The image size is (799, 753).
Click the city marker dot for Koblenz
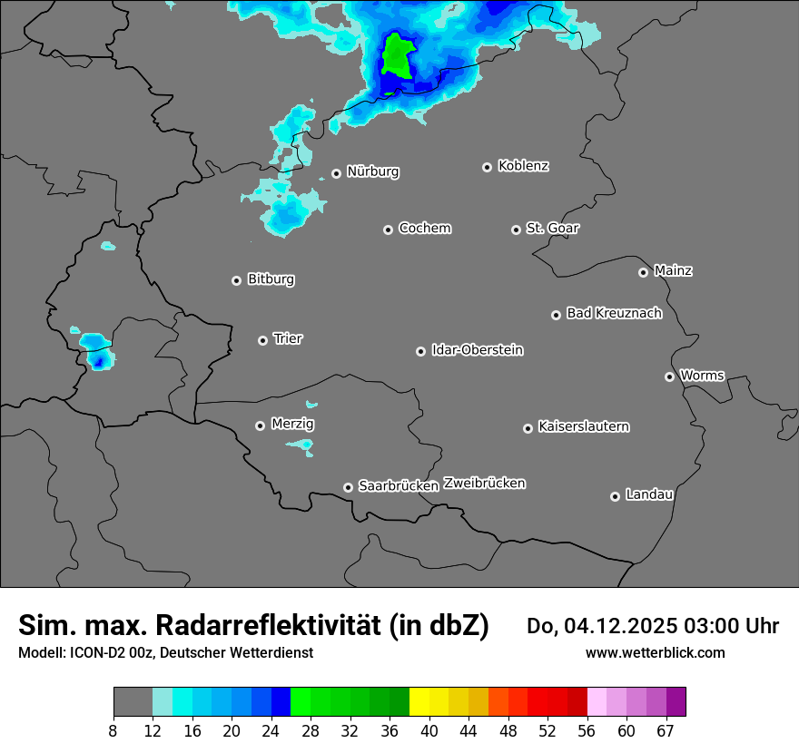tap(487, 167)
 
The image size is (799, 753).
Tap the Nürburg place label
tap(372, 171)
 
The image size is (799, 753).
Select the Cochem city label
tap(424, 228)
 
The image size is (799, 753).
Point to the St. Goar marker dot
tap(516, 230)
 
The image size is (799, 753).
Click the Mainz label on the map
tap(673, 270)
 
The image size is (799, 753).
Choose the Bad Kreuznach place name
tap(614, 313)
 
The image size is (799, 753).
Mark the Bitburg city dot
tap(236, 280)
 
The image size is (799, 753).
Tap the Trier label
tap(288, 338)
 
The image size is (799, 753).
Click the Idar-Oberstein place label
tap(477, 349)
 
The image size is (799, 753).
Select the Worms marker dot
tap(669, 376)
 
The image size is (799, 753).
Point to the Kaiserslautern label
tap(583, 426)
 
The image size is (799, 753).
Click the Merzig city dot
tap(260, 425)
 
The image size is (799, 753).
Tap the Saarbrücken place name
tap(398, 486)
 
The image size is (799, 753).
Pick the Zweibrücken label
tap(484, 484)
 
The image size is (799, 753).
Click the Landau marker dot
tap(615, 496)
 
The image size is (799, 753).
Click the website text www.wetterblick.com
tap(655, 652)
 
